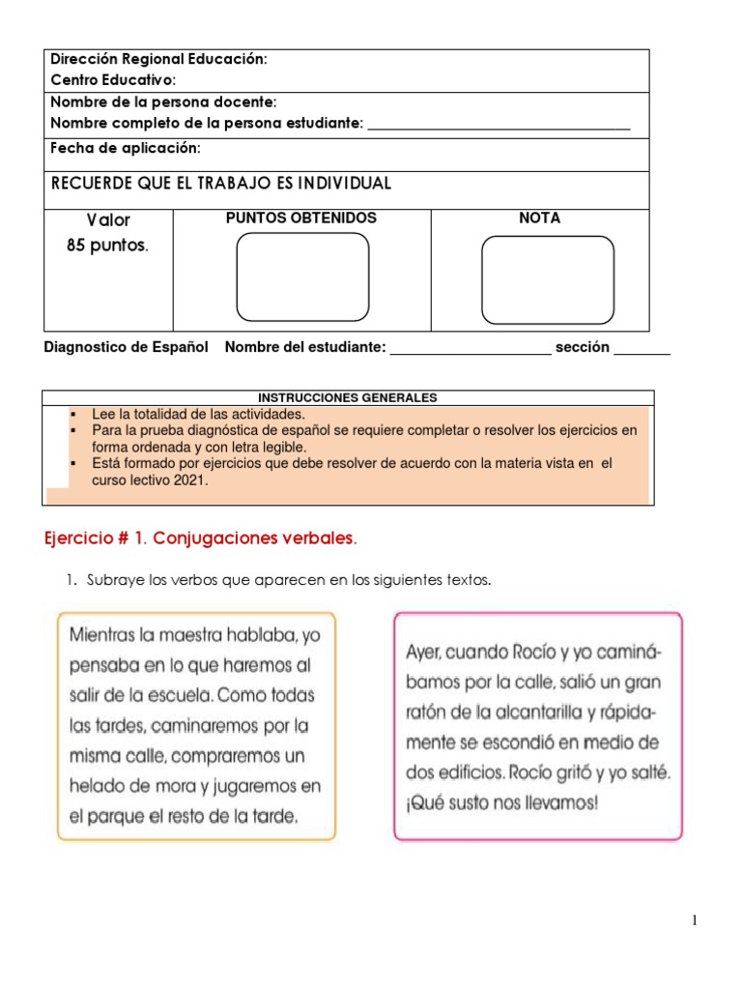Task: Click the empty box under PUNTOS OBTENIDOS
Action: coord(302,277)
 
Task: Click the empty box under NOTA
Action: coord(548,279)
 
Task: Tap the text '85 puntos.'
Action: coord(107,246)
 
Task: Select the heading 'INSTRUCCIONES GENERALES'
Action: coord(348,397)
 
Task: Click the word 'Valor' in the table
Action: coord(108,219)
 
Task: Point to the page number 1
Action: coord(695,920)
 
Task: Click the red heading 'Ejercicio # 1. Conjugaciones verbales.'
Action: coord(201,538)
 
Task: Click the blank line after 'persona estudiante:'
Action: coord(499,125)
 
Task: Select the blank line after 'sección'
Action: coord(642,349)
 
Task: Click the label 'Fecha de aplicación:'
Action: coord(126,148)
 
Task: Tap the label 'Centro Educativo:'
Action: coord(113,79)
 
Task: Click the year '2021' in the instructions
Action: coord(190,480)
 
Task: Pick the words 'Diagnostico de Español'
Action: coord(127,348)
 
